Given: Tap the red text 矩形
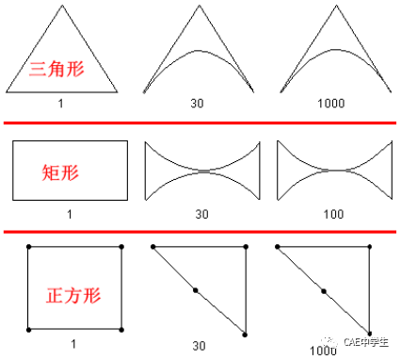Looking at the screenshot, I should pos(58,172).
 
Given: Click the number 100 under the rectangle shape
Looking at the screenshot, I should pos(334,215).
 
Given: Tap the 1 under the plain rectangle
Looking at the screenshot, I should pos(69,215).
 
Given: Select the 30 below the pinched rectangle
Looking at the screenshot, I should pos(201,215).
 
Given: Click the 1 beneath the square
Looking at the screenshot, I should pos(74,344).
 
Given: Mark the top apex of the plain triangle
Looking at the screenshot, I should pos(62,8).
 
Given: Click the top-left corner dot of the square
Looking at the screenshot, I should pos(29,247).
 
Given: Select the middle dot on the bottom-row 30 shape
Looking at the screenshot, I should pos(195,289).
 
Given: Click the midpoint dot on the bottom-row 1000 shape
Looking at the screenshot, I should pos(323,291).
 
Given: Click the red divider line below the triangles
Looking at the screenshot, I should pos(200,123).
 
